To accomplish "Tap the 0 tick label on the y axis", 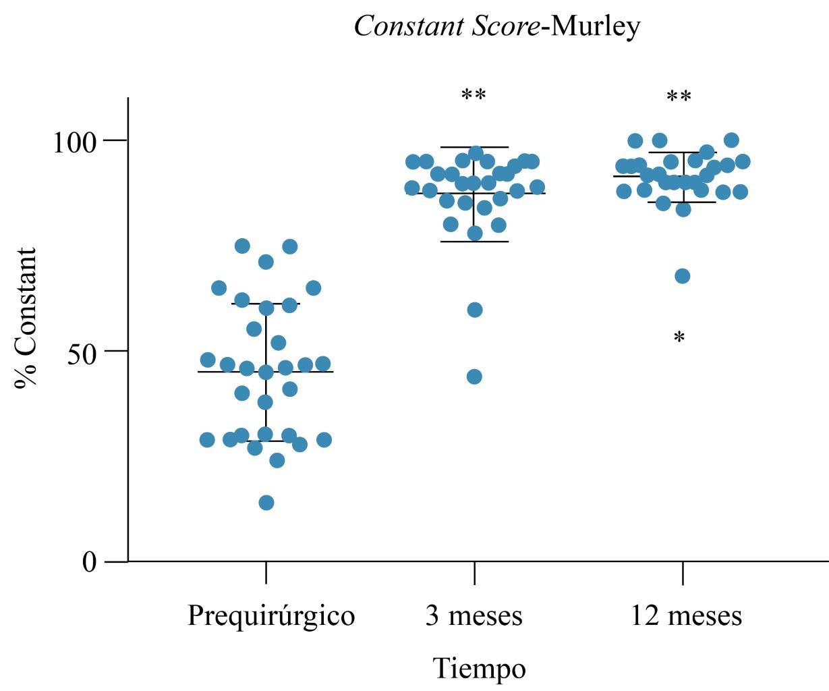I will (90, 562).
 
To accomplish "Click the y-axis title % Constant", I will (27, 317).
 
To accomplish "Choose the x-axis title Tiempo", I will (478, 669).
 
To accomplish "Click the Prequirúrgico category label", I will (271, 616).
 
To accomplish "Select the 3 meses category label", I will (474, 616).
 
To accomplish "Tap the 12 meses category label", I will (686, 616).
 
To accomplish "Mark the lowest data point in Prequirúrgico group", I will (266, 503).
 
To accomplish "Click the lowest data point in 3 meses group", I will (474, 377).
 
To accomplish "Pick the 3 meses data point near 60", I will (475, 310).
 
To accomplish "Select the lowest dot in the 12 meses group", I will (683, 276).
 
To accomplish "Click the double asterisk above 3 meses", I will (474, 96).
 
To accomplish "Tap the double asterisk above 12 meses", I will (679, 97).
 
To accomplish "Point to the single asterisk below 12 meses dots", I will (679, 337).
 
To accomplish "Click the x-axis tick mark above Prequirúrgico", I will (266, 573).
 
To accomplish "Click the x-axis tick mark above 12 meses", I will (683, 573).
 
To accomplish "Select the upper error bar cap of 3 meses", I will (474, 147).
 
